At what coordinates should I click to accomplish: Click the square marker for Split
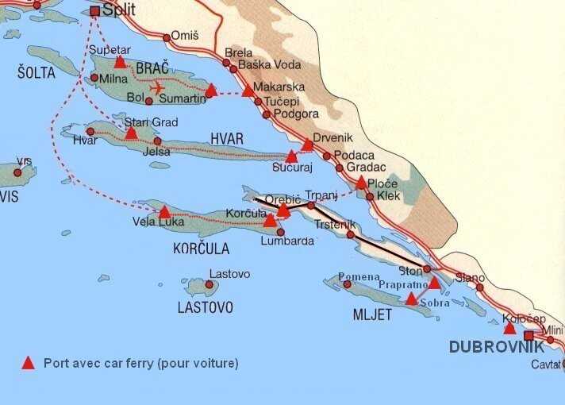tap(96, 11)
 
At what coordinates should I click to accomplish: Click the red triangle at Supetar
tap(120, 62)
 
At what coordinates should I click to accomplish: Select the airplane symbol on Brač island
tap(156, 87)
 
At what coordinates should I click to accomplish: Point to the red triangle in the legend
tap(28, 363)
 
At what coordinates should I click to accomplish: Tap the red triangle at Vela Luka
tap(164, 212)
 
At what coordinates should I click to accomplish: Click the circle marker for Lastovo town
tap(209, 284)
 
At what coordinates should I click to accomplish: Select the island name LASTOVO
tap(205, 307)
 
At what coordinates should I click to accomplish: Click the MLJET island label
tap(373, 314)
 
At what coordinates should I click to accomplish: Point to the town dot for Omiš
tap(167, 37)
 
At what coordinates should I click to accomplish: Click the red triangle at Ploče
tap(361, 183)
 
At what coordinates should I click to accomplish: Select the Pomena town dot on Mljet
tap(346, 284)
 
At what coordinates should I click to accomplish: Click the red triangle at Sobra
tap(411, 299)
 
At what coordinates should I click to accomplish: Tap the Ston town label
tap(409, 270)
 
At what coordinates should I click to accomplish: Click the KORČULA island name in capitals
tap(201, 249)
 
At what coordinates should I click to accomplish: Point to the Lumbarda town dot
tap(280, 232)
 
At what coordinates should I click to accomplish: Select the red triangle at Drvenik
tap(307, 145)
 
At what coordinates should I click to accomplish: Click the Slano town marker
tap(479, 287)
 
